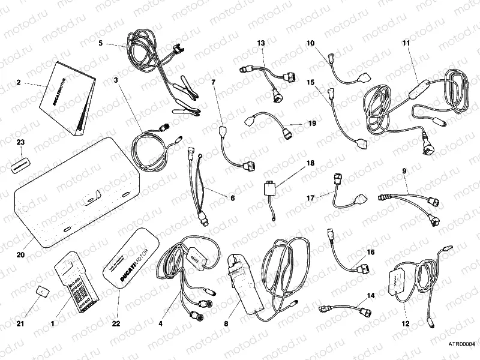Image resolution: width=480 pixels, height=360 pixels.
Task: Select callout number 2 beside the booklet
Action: [x=19, y=82]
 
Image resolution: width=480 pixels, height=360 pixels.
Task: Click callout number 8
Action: [x=226, y=323]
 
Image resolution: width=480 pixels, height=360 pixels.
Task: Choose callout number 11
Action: [x=406, y=43]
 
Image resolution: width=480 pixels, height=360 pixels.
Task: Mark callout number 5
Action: [x=101, y=43]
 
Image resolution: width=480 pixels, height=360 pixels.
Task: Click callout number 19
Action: [x=311, y=124]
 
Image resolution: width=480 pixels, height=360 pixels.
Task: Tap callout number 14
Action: [x=370, y=296]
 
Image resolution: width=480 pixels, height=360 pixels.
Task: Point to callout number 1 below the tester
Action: [x=53, y=323]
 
